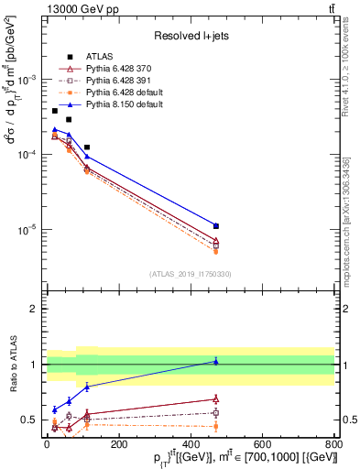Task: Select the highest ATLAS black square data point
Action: pyautogui.click(x=55, y=111)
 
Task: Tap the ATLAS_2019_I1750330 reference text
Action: pyautogui.click(x=191, y=274)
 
